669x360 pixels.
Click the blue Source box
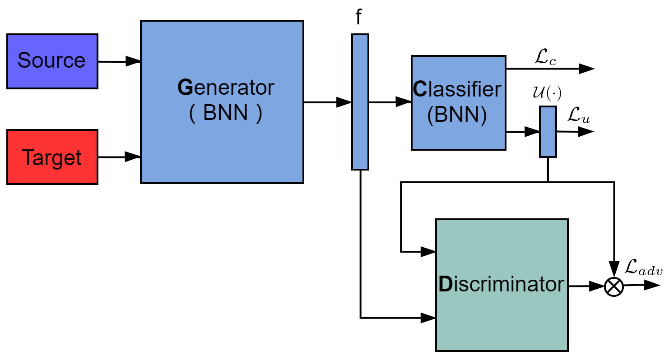(x=52, y=61)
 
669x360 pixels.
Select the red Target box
(x=52, y=157)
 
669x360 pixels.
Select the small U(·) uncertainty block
(x=548, y=132)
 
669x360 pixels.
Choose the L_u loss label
(x=578, y=117)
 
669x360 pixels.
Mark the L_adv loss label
(x=643, y=269)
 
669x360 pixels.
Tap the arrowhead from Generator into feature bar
(x=344, y=102)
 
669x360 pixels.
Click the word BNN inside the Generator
(x=225, y=113)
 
